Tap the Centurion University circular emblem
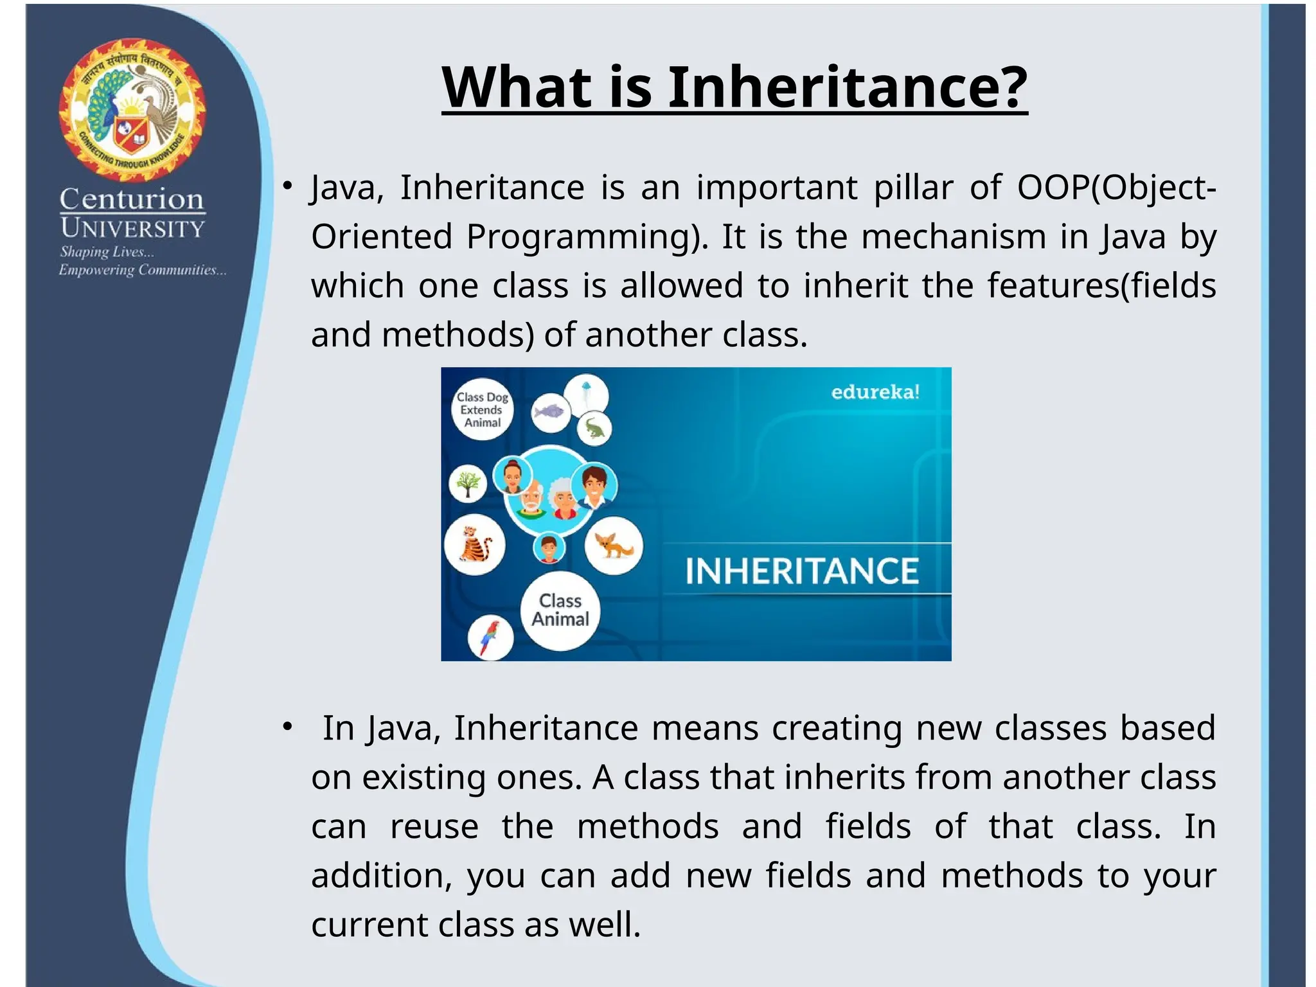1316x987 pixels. click(132, 109)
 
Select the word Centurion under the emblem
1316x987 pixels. click(132, 199)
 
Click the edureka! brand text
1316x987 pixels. click(875, 392)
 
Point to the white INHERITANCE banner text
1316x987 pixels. click(802, 571)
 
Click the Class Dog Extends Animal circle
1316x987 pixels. click(483, 409)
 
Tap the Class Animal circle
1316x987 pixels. click(560, 610)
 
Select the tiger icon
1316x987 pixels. click(475, 545)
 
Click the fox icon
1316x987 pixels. click(614, 546)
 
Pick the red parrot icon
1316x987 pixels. click(490, 637)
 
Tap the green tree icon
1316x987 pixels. click(468, 483)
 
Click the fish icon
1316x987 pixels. click(551, 412)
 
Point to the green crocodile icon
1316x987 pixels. click(594, 429)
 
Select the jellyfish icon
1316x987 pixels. click(586, 395)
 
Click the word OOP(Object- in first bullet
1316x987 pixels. click(1117, 188)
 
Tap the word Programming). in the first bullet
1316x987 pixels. click(587, 238)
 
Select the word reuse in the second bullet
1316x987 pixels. click(434, 826)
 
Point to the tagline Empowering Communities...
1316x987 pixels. click(143, 271)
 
